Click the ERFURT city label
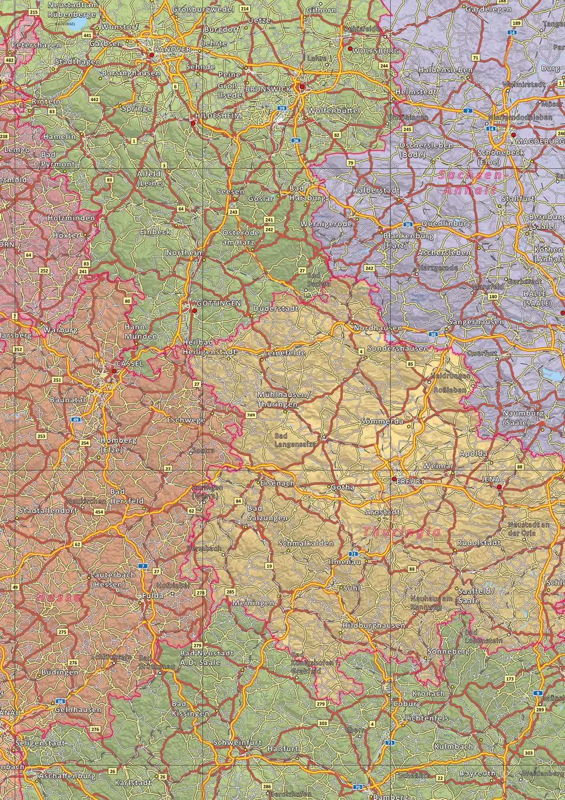[411, 481]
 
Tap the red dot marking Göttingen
[195, 311]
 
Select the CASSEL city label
[130, 364]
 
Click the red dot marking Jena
[499, 487]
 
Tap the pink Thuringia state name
[402, 532]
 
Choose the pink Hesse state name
[60, 597]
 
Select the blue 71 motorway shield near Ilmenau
[354, 554]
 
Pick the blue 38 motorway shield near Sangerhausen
[433, 334]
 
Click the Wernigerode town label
[326, 224]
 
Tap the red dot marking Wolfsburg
[350, 48]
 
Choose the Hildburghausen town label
[373, 625]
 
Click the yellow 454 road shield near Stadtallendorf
[99, 512]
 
